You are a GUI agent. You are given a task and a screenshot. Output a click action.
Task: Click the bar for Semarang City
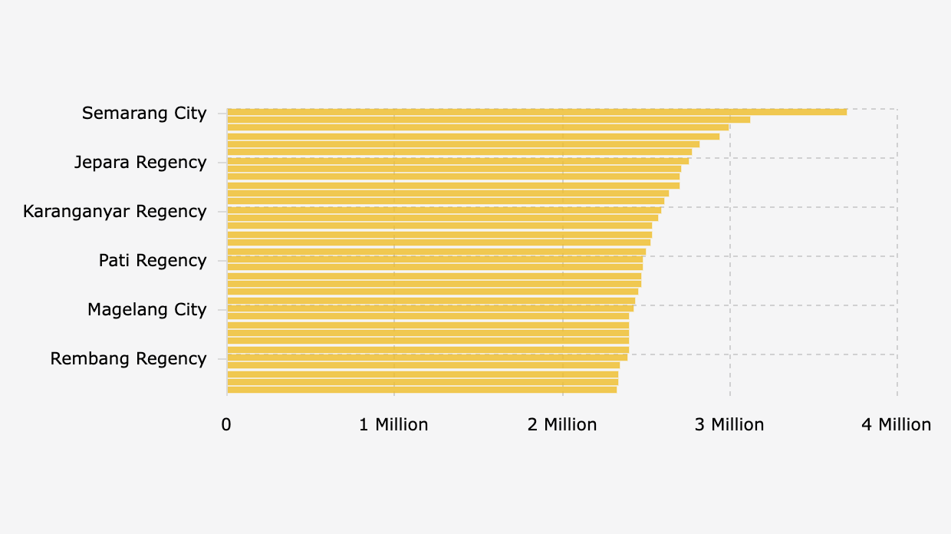click(537, 112)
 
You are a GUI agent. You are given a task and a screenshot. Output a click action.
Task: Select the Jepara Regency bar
click(458, 161)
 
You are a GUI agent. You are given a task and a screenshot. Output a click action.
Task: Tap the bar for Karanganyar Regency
click(444, 210)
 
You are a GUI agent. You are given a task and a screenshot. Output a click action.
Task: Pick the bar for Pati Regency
click(435, 259)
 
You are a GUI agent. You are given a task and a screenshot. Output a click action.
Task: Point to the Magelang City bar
click(430, 308)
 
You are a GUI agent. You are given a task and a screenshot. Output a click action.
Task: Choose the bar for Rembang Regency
click(427, 358)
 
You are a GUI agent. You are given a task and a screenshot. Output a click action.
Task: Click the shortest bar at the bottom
click(422, 390)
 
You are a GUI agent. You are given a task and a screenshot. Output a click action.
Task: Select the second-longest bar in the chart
click(489, 120)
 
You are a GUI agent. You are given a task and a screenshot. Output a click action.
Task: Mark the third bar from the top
click(478, 128)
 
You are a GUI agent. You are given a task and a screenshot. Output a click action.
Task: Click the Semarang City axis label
click(144, 114)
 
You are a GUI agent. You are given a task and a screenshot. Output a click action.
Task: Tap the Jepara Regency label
click(140, 163)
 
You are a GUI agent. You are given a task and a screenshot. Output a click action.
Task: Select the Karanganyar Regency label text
click(115, 212)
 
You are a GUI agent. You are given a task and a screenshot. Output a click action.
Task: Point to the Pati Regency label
click(153, 261)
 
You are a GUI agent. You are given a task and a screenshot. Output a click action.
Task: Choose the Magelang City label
click(147, 310)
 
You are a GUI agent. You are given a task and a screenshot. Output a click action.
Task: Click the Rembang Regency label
click(129, 359)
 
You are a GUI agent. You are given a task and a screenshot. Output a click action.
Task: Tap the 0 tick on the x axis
click(226, 425)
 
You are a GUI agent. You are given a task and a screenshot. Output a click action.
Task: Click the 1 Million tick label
click(393, 425)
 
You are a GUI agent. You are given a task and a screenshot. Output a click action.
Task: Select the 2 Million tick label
click(562, 425)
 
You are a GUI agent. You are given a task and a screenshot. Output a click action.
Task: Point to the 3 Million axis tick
click(729, 425)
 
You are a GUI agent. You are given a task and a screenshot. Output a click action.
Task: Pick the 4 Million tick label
click(896, 425)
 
